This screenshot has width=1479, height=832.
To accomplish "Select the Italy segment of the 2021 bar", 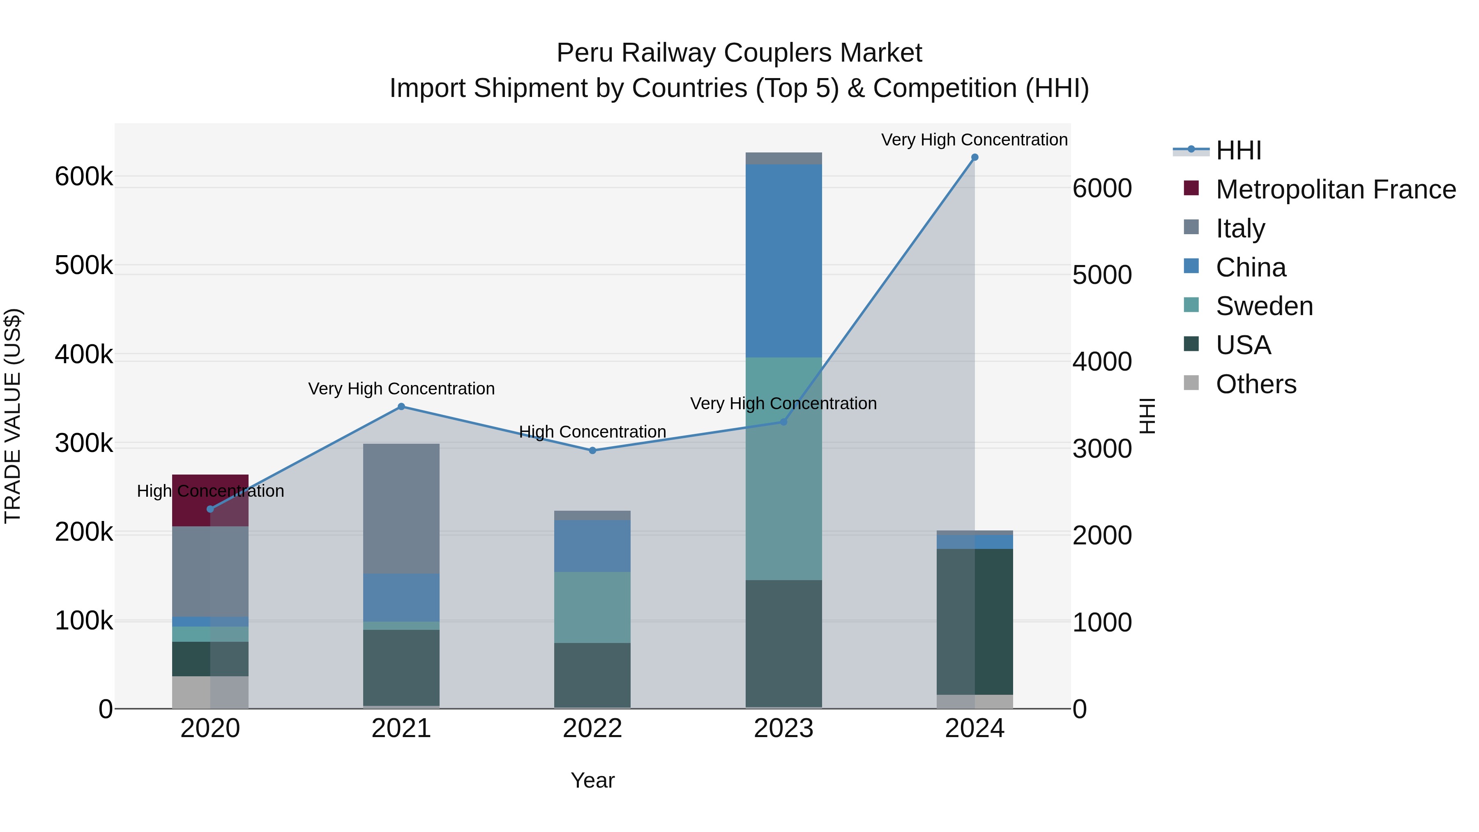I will [x=401, y=508].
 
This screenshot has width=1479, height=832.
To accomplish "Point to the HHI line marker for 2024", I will [x=975, y=157].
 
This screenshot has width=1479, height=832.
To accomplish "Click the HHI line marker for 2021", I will [x=401, y=406].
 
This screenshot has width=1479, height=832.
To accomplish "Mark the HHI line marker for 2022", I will [x=592, y=451].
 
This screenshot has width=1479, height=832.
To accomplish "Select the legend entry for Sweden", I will [x=1264, y=306].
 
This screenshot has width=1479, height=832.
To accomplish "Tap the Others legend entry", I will [x=1256, y=384].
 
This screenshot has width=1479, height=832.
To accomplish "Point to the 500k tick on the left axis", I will [x=84, y=266].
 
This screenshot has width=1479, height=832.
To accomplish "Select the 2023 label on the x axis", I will [x=784, y=728].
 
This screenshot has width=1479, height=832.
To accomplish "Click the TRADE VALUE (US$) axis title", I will [x=13, y=416].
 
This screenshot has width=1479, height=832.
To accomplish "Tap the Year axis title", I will [x=592, y=780].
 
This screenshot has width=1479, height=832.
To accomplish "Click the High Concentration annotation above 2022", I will [x=592, y=432].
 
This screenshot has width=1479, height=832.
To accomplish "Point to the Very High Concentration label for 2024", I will [x=974, y=140].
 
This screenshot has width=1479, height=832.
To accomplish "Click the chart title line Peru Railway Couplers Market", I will [x=739, y=53].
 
